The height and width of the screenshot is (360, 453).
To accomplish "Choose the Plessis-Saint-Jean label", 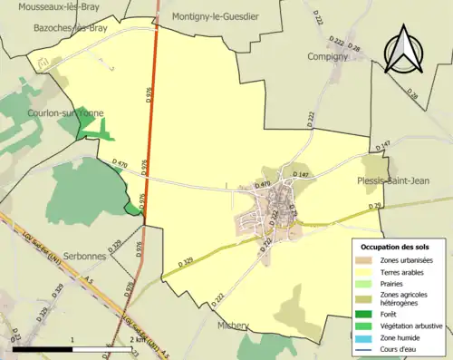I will pyautogui.click(x=400, y=181).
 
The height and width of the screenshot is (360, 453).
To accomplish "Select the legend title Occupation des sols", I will pyautogui.click(x=396, y=247).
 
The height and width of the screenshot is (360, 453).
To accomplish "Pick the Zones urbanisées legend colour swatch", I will pyautogui.click(x=362, y=260).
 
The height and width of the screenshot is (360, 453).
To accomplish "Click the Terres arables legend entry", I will pyautogui.click(x=403, y=271).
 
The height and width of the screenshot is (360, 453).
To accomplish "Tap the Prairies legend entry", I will pyautogui.click(x=392, y=283).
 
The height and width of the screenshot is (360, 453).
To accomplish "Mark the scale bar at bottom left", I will pyautogui.click(x=72, y=347).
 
